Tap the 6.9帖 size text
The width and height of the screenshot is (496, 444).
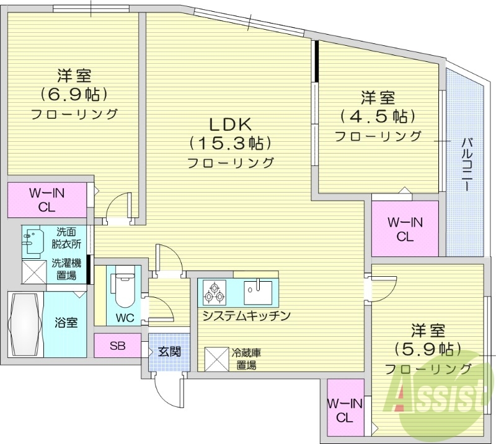[x=74, y=94]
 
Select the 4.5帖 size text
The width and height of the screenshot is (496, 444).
[x=378, y=116]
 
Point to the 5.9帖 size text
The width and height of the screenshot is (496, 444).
[x=428, y=349]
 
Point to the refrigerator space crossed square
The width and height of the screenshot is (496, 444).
[x=217, y=358]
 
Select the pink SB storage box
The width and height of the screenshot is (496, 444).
[x=118, y=346]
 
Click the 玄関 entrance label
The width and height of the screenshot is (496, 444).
[x=168, y=352]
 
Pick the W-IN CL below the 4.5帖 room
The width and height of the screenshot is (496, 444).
[x=405, y=229]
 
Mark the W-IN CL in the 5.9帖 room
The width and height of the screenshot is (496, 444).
[x=345, y=410]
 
